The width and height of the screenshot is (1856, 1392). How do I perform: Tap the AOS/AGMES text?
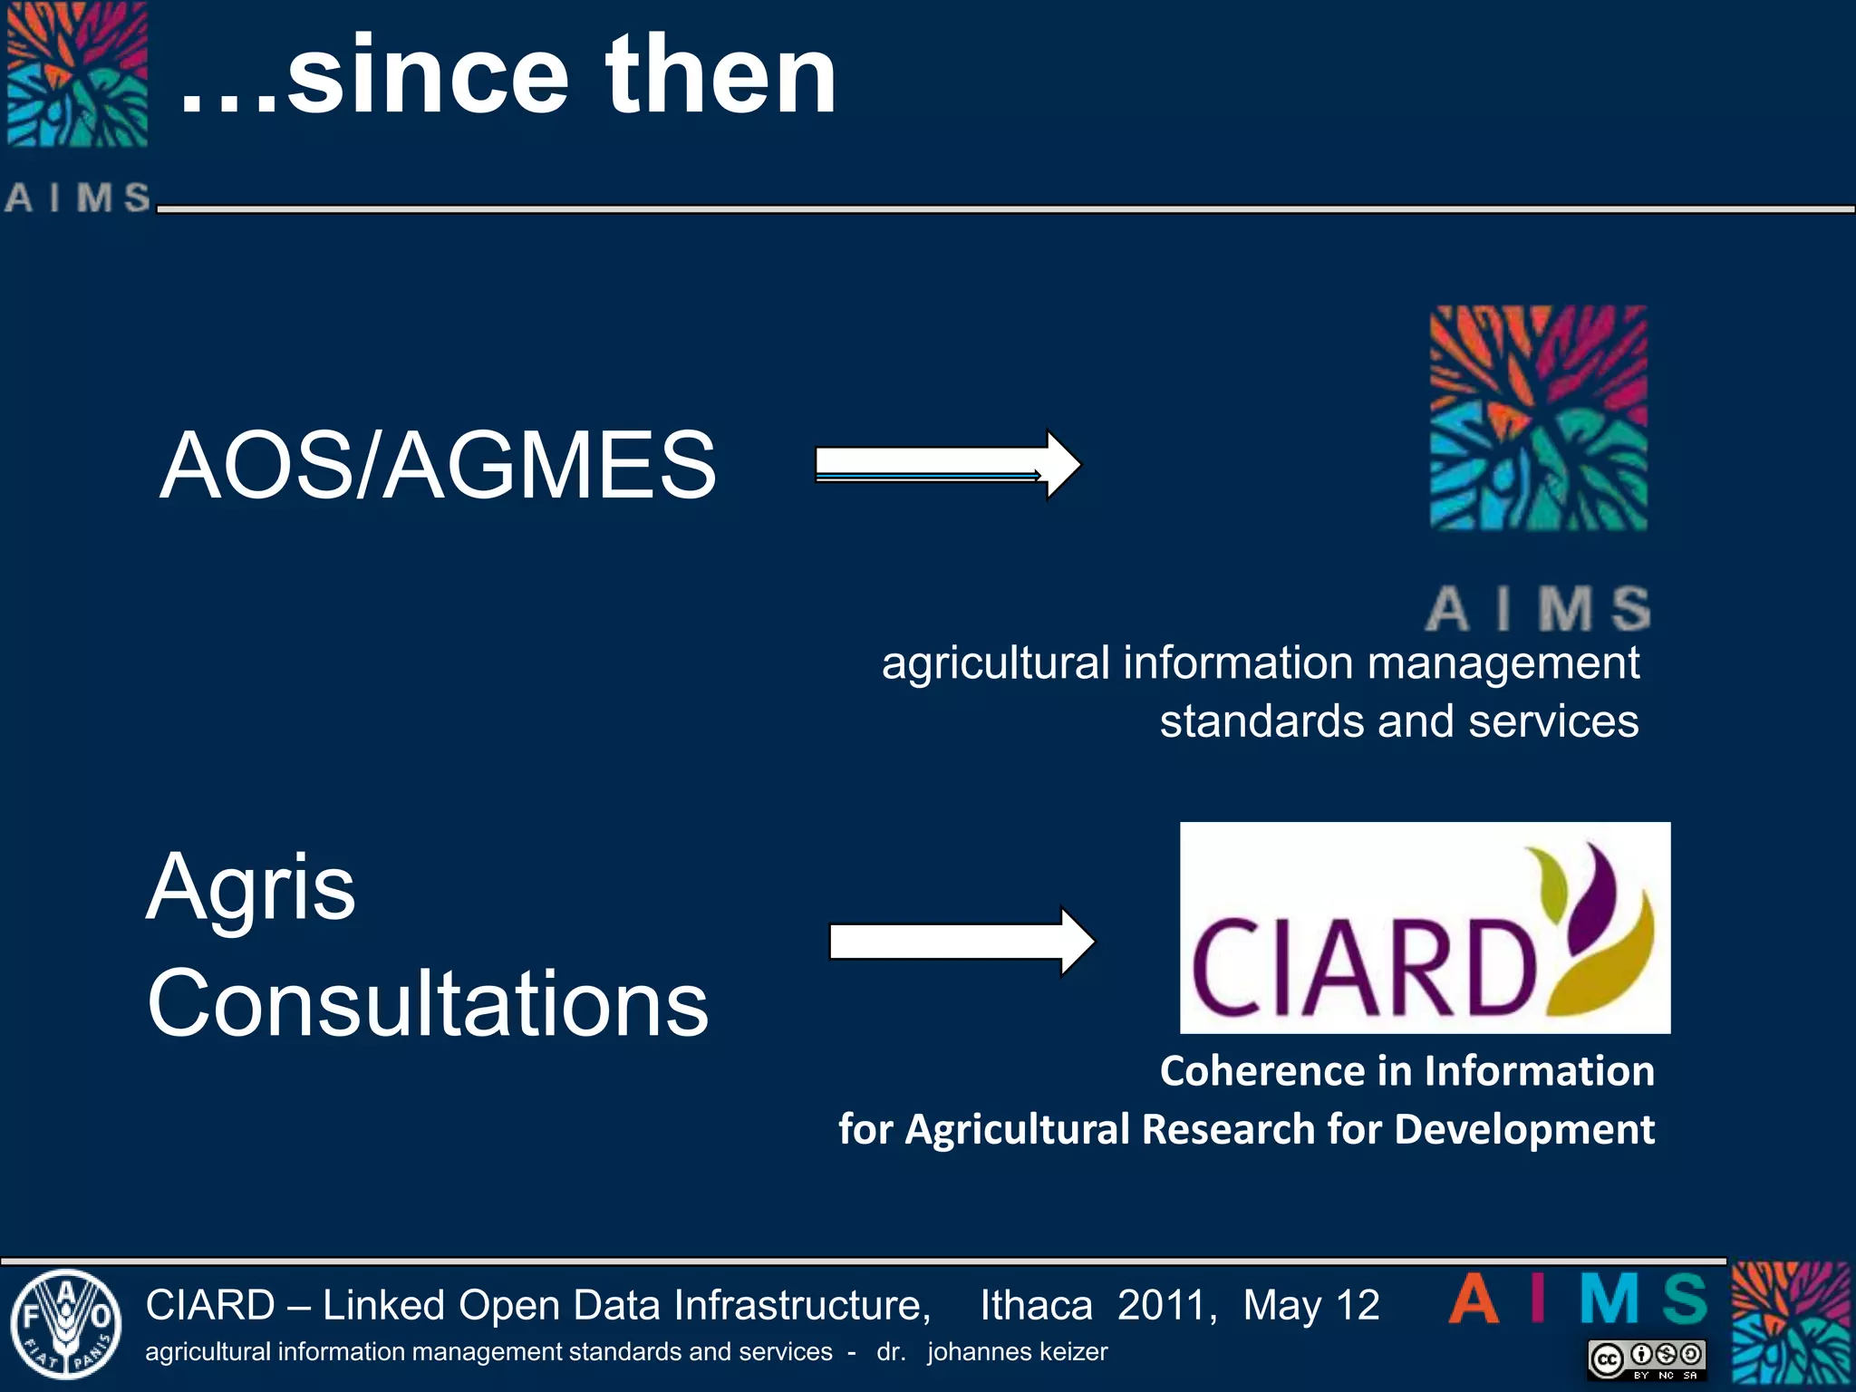click(438, 465)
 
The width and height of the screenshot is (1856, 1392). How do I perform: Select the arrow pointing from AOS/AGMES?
click(947, 464)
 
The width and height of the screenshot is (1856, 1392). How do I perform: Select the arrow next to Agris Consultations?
click(962, 942)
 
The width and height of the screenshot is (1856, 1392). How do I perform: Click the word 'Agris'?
click(251, 888)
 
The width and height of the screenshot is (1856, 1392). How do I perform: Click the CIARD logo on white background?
click(1425, 928)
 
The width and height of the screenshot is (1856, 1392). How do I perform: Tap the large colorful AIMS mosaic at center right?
click(1538, 418)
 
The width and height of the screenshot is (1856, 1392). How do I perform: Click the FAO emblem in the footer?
click(65, 1324)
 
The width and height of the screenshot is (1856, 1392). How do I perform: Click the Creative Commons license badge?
click(1647, 1358)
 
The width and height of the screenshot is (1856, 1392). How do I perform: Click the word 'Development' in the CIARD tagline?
click(1524, 1129)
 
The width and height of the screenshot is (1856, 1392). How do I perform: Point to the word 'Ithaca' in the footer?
click(1036, 1306)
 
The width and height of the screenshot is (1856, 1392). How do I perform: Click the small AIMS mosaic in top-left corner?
click(77, 74)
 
